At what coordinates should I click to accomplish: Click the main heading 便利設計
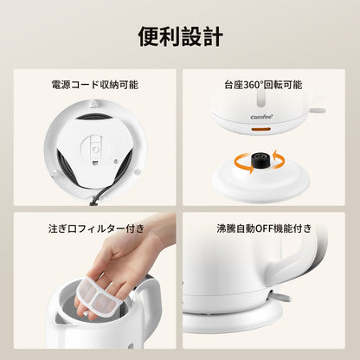tap(180, 36)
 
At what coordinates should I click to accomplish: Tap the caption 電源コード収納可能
tap(94, 85)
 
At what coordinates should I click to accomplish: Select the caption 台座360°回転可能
tap(263, 85)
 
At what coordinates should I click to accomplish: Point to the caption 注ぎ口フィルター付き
tap(96, 228)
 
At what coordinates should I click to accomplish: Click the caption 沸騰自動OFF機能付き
tap(264, 228)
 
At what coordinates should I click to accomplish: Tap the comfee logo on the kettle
tap(261, 117)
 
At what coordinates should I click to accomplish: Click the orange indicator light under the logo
tap(260, 129)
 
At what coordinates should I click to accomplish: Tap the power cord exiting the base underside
tap(98, 196)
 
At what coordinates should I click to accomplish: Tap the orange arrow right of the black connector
tap(278, 159)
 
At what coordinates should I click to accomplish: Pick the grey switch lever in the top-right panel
tap(318, 111)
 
